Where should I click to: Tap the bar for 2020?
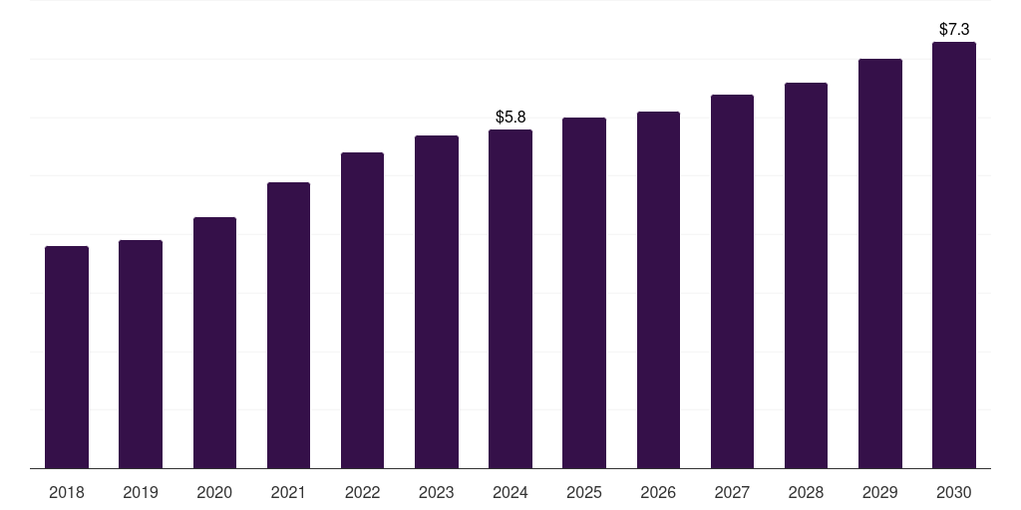tap(214, 343)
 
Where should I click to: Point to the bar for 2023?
tap(437, 302)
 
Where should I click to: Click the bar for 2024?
tap(510, 299)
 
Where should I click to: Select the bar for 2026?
tap(658, 290)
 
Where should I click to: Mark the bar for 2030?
tap(954, 255)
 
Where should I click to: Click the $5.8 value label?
tap(510, 118)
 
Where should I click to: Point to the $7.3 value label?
tap(954, 30)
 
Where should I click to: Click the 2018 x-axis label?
tap(67, 492)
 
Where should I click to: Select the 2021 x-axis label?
tap(288, 492)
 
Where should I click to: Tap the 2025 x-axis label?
tap(584, 492)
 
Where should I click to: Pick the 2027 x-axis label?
tap(732, 492)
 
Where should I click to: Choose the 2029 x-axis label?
tap(879, 492)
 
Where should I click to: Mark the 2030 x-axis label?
tap(954, 492)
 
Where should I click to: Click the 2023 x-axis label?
tap(437, 492)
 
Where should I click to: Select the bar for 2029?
tap(879, 263)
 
